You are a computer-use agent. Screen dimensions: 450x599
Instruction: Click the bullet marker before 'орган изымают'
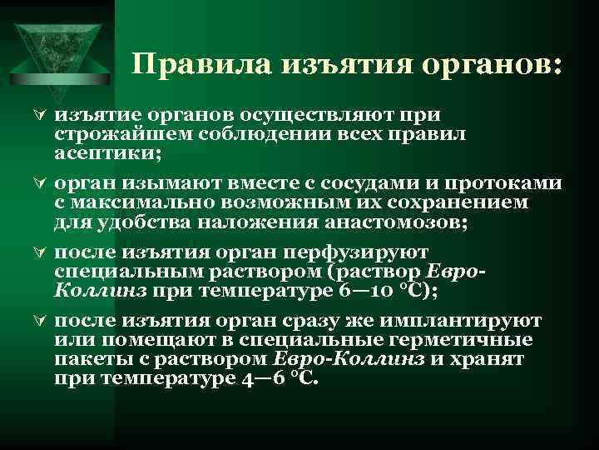(x=36, y=185)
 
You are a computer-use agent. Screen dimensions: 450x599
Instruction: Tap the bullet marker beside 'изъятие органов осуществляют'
(x=36, y=117)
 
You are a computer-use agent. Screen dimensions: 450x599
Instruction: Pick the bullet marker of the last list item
(x=36, y=321)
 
